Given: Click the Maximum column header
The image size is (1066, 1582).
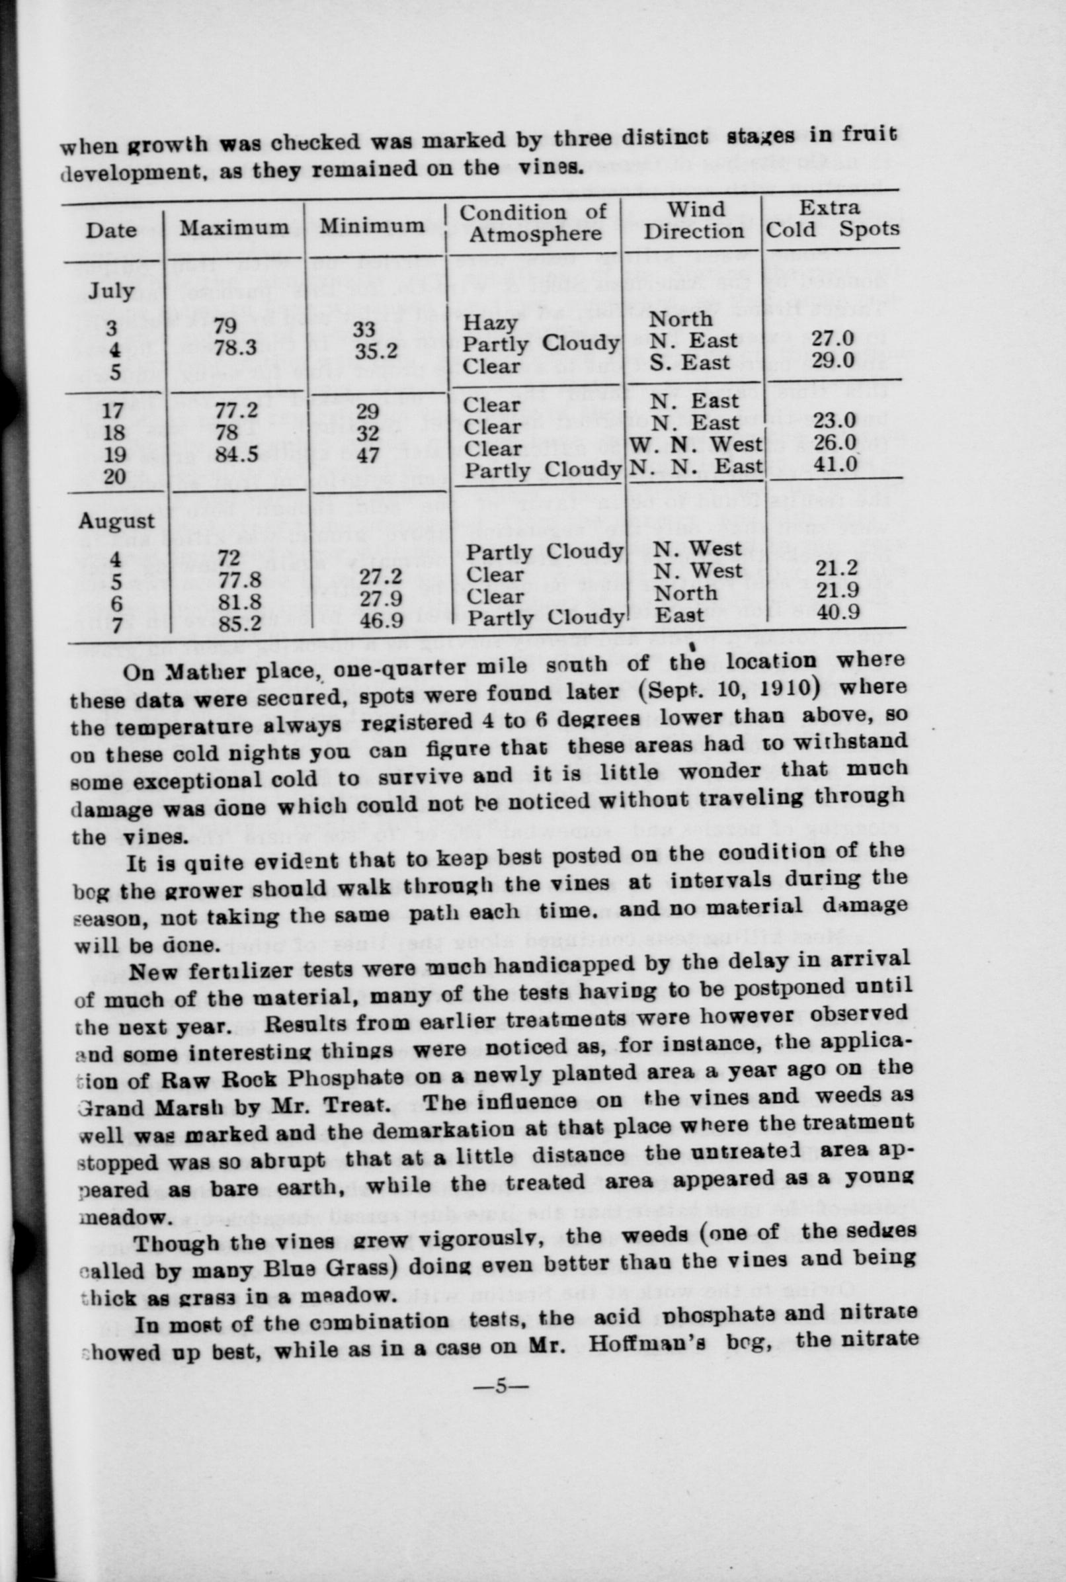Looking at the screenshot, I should [234, 227].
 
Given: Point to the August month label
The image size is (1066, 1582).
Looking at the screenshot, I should [116, 520].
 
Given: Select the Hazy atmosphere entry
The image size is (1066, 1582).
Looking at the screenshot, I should [490, 322].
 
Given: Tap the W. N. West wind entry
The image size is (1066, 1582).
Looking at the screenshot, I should [696, 444].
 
